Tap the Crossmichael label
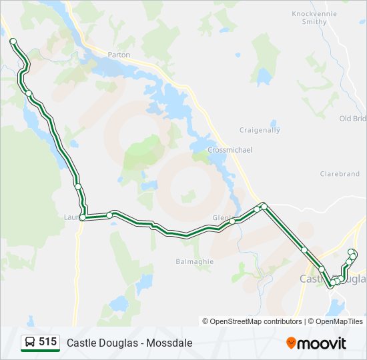pyautogui.click(x=230, y=150)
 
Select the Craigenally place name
pyautogui.click(x=260, y=130)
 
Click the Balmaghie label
pyautogui.click(x=194, y=262)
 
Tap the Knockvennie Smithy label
pyautogui.click(x=310, y=17)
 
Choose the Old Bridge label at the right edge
pyautogui.click(x=353, y=119)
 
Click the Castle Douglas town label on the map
pyautogui.click(x=332, y=279)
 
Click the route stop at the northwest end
pyautogui.click(x=13, y=41)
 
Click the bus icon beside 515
pyautogui.click(x=30, y=342)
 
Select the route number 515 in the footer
pyautogui.click(x=47, y=342)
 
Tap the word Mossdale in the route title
pyautogui.click(x=169, y=343)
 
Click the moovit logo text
pyautogui.click(x=322, y=343)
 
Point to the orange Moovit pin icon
pyautogui.click(x=291, y=343)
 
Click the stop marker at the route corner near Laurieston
pyautogui.click(x=83, y=217)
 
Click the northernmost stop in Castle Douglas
pyautogui.click(x=352, y=251)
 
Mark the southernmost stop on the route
pyautogui.click(x=332, y=285)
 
